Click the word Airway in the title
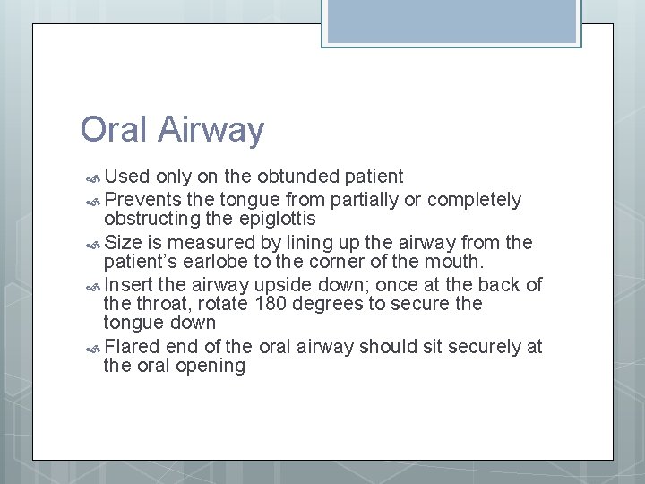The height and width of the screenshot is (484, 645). tap(212, 131)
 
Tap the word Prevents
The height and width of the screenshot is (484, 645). tap(146, 198)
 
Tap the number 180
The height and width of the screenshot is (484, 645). tap(272, 304)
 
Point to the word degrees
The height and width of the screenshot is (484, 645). tap(331, 304)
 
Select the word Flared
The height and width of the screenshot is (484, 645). tap(133, 347)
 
